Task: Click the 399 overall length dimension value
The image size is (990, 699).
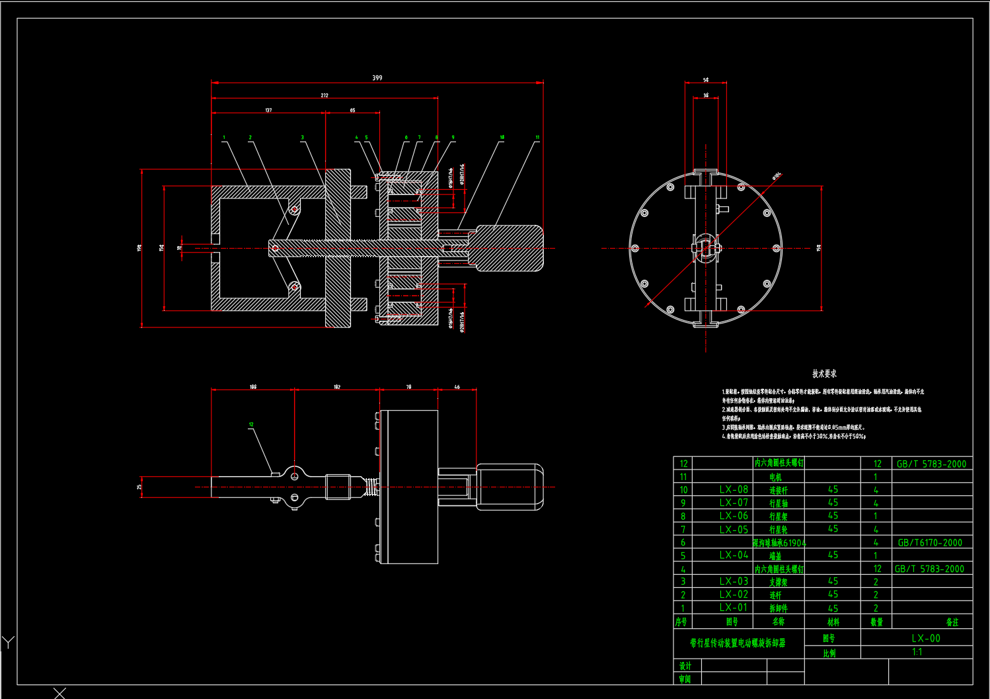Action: [377, 78]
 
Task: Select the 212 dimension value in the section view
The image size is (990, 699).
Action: [324, 95]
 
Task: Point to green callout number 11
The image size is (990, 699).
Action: [537, 138]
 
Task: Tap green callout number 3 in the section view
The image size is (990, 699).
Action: [303, 138]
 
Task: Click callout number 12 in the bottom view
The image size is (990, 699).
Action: [251, 425]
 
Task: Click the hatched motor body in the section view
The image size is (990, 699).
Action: [509, 248]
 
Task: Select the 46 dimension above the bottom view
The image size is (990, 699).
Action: [457, 387]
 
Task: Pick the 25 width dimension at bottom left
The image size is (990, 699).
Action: [139, 487]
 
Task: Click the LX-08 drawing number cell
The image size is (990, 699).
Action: [734, 489]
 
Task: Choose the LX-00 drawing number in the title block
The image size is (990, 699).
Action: [925, 638]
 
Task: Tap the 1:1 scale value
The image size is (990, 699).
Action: [917, 652]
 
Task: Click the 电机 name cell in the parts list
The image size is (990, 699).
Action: [776, 477]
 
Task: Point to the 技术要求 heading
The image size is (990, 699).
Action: [824, 374]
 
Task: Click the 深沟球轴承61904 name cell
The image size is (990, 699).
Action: [779, 543]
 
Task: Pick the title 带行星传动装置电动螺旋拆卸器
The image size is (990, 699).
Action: [738, 643]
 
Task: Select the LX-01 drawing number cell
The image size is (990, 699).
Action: [734, 607]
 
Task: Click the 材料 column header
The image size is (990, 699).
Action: [833, 622]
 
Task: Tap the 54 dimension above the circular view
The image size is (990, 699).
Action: [706, 80]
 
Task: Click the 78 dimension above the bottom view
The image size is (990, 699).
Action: [408, 387]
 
